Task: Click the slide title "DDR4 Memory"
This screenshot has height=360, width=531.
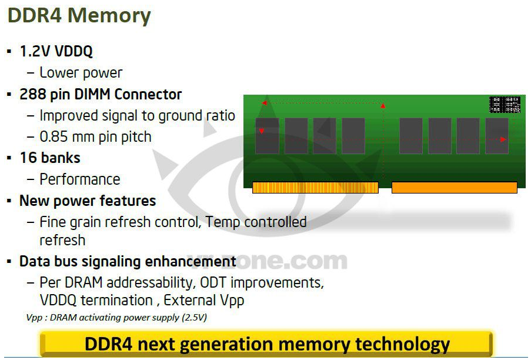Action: tap(79, 15)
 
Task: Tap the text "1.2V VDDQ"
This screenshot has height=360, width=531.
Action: tap(56, 51)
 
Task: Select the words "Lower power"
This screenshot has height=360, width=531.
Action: tap(81, 73)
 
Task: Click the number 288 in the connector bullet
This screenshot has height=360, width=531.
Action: tap(32, 94)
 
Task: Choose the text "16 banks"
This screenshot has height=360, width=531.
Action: tap(50, 158)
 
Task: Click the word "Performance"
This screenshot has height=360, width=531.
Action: tap(80, 179)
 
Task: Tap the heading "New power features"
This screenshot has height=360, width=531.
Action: tap(88, 201)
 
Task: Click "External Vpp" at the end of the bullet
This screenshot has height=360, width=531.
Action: tap(204, 301)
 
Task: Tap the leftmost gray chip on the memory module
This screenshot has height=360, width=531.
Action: tap(267, 136)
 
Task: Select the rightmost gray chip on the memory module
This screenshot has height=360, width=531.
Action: tap(497, 136)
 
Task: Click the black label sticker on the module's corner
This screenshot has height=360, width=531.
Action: tap(505, 104)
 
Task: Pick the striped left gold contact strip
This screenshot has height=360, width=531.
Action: tap(315, 188)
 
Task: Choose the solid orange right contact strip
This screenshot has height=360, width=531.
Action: tap(455, 188)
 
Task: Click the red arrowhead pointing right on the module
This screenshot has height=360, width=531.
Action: tap(503, 139)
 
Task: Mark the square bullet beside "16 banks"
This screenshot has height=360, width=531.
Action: tap(9, 158)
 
